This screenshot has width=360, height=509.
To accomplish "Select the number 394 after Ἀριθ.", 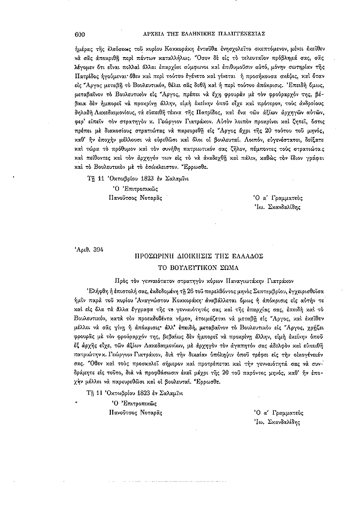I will tap(97, 250).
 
